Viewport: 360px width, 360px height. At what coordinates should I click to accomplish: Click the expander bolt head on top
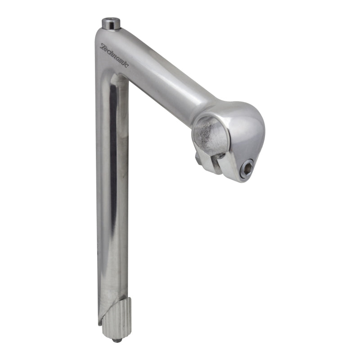pos(110,22)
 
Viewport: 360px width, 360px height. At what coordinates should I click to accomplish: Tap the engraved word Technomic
pos(114,55)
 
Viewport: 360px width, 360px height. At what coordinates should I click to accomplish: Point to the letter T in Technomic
pos(103,46)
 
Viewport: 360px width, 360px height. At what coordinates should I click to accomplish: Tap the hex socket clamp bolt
pos(247,169)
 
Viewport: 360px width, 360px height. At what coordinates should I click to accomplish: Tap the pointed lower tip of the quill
pos(99,322)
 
